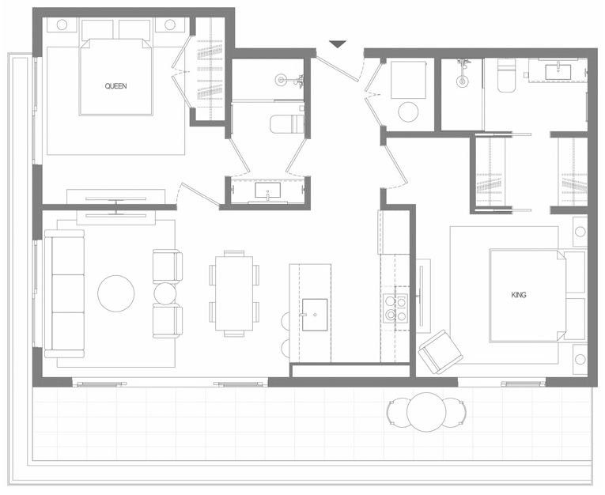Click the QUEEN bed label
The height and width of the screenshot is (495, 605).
(115, 86)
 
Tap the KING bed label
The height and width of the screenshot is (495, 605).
(519, 295)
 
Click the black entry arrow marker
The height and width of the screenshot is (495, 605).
(338, 44)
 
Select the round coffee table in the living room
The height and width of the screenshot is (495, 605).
(116, 293)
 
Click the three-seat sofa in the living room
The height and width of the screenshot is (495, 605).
(64, 293)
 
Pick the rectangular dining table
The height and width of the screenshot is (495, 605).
(234, 293)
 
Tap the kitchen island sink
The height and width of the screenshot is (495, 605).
(315, 315)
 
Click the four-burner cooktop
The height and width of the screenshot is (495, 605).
(395, 308)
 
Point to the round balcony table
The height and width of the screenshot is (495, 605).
(426, 412)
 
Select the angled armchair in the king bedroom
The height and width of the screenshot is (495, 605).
(441, 351)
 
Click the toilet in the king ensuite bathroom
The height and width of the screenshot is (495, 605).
(506, 76)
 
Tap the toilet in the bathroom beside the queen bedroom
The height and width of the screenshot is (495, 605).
(286, 124)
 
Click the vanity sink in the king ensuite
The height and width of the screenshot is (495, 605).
(558, 71)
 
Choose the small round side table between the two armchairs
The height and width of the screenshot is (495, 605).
(165, 293)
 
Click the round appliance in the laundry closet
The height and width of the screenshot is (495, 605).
(408, 111)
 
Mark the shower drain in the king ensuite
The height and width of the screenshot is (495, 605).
(462, 81)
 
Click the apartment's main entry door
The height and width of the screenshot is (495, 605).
(338, 69)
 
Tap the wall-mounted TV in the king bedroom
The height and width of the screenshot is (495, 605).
(420, 297)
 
